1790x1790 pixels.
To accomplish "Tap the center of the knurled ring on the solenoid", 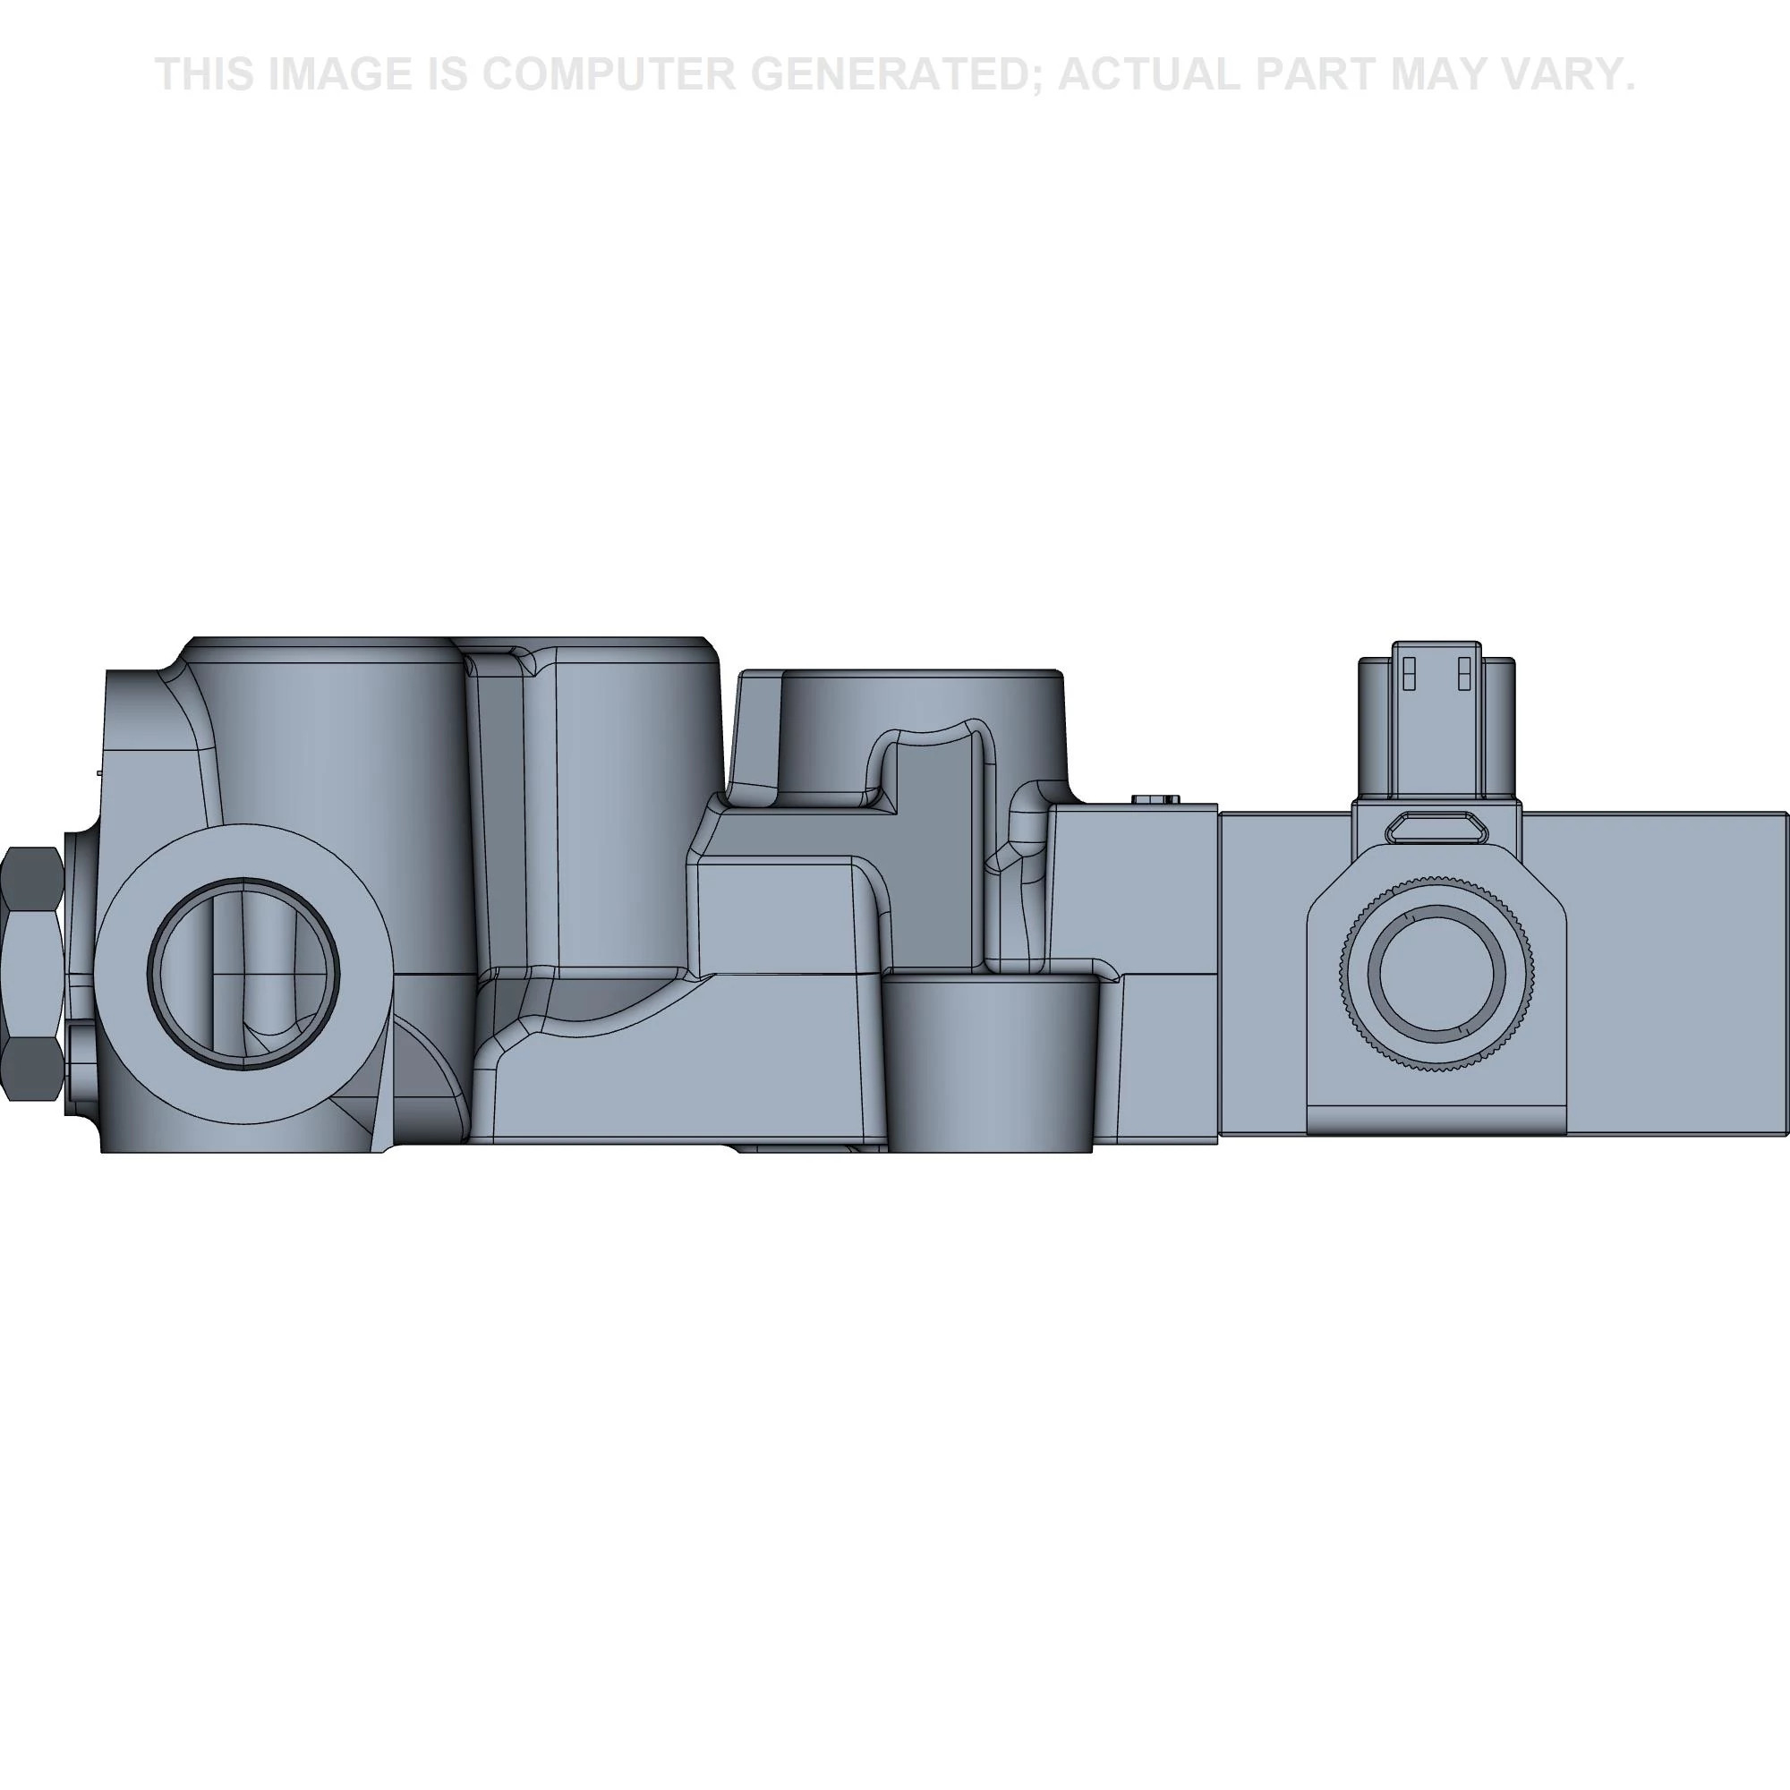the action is click(1437, 973).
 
